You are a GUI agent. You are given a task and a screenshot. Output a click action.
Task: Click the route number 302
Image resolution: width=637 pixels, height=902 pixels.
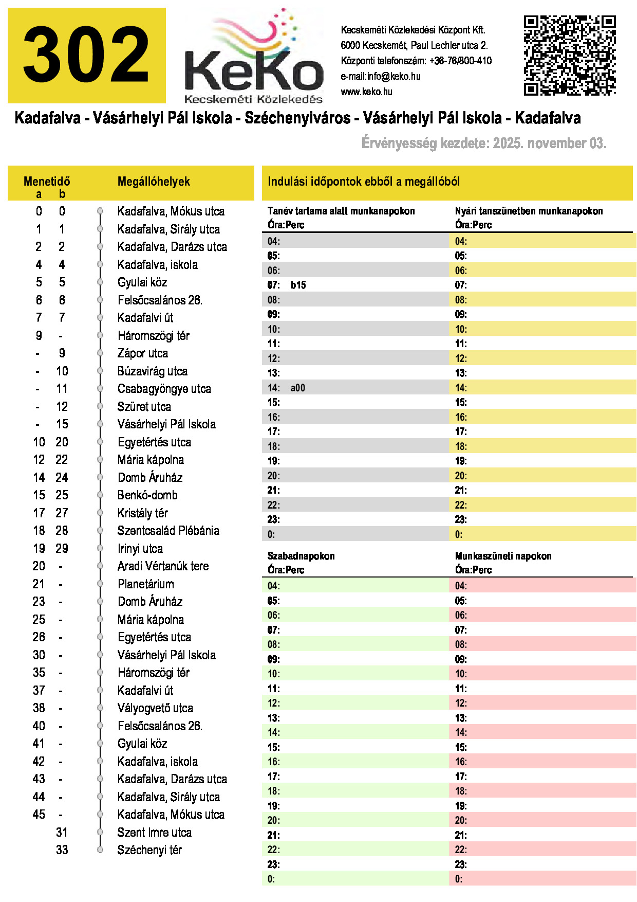[x=86, y=56]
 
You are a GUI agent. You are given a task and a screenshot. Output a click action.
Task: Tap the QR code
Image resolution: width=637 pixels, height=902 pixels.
[x=569, y=56]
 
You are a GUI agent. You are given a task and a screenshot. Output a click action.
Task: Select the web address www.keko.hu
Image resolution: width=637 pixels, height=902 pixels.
[x=366, y=92]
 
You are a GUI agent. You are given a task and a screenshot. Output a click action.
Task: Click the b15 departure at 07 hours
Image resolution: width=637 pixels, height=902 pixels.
[x=298, y=285]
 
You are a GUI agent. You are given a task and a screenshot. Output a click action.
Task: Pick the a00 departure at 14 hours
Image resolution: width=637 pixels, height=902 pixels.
[x=298, y=388]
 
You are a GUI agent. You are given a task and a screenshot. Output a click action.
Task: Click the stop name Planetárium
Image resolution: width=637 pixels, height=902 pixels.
[x=146, y=584]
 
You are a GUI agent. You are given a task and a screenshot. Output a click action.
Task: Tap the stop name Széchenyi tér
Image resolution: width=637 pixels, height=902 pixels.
[x=149, y=850]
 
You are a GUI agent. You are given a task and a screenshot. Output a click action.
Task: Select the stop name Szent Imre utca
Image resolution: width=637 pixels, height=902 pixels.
[x=154, y=833]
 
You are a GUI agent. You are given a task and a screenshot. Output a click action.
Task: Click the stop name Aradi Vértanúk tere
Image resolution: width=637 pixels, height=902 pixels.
[x=163, y=566]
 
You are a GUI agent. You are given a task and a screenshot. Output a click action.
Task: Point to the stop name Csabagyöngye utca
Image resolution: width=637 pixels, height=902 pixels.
[x=164, y=389]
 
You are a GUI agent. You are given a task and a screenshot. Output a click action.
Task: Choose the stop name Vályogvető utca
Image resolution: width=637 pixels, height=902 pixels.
[x=155, y=708]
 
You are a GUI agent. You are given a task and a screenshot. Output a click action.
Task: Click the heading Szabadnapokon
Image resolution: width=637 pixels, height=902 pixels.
[x=301, y=556]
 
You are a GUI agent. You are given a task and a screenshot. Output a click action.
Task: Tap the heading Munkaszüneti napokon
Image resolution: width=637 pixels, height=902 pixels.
[x=503, y=556]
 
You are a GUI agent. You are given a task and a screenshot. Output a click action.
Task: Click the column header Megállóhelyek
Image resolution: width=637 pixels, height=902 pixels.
[x=154, y=182]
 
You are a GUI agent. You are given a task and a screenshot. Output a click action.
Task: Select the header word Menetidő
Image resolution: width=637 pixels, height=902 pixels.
[x=47, y=182]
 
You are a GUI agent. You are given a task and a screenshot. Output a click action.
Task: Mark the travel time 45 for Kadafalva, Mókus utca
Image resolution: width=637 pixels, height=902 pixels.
[x=39, y=815]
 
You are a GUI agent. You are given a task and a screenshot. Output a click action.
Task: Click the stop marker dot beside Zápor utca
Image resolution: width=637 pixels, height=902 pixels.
[x=100, y=353]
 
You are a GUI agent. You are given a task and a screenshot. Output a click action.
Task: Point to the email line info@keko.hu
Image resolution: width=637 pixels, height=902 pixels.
[x=380, y=77]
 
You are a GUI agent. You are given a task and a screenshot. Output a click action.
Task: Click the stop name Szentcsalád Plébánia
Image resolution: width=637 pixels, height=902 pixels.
[x=168, y=531]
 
